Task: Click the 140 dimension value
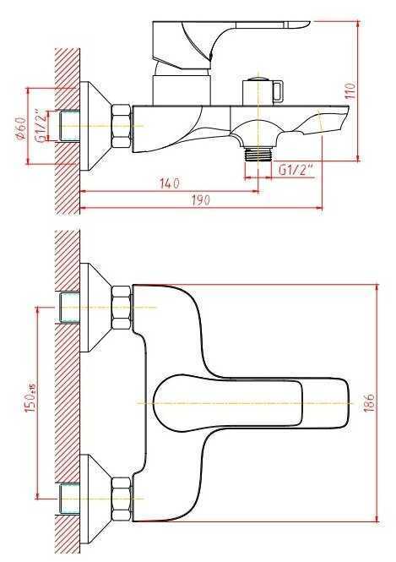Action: coord(170,183)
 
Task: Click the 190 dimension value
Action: coord(201,199)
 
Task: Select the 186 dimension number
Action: coord(370,402)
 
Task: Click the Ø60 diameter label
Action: coord(21,128)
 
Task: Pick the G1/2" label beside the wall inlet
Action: coord(42,127)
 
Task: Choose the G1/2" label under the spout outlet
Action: coord(296,170)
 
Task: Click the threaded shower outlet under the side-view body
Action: coord(258,154)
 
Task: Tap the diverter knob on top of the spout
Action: coord(263,90)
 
